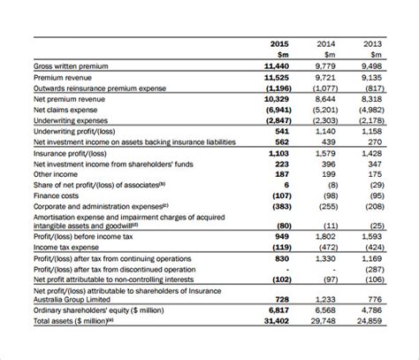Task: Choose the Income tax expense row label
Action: pos(69,247)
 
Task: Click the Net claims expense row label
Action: pos(67,110)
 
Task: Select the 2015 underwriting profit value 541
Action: pos(281,131)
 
